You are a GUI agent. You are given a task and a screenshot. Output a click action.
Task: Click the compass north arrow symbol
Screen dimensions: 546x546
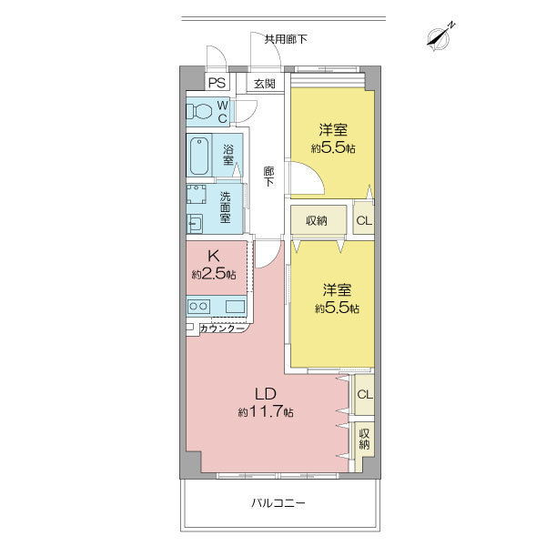point(440,37)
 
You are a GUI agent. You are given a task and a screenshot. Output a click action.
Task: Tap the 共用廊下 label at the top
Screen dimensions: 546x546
point(285,39)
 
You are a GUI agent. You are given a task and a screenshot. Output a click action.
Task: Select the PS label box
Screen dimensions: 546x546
point(217,83)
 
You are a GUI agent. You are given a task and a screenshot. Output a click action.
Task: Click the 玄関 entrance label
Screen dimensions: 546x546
point(264,84)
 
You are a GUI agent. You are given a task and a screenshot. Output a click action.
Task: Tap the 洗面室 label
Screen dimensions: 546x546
point(225,208)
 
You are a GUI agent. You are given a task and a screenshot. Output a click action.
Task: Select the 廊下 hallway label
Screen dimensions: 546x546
point(268,177)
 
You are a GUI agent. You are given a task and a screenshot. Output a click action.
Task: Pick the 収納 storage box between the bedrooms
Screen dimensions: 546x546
point(317,220)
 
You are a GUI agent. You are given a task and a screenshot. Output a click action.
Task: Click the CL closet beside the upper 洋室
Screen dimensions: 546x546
point(362,220)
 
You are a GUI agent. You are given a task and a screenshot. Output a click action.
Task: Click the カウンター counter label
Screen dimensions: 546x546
point(221,328)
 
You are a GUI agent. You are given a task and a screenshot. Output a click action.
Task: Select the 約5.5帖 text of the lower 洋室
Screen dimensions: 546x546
point(337,308)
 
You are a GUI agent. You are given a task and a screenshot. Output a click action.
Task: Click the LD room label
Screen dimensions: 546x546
point(265,394)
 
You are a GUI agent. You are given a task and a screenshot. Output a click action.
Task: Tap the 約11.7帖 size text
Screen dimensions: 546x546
point(266,412)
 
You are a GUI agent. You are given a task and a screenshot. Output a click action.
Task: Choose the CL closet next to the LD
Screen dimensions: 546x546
point(364,394)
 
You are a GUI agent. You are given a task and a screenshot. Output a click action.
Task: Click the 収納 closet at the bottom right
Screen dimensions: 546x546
point(364,440)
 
